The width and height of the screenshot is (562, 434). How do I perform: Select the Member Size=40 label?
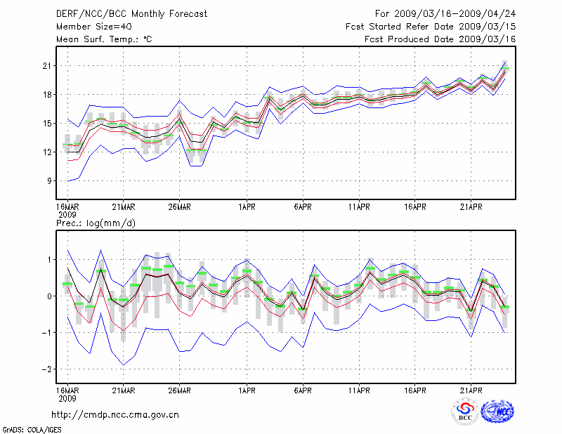pyautogui.click(x=89, y=26)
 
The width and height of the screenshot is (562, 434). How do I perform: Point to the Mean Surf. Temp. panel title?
pyautogui.click(x=104, y=39)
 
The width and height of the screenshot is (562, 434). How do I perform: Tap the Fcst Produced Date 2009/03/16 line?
pyautogui.click(x=440, y=39)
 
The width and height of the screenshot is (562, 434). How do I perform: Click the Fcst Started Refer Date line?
pyautogui.click(x=431, y=26)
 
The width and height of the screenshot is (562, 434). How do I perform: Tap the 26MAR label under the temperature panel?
pyautogui.click(x=179, y=207)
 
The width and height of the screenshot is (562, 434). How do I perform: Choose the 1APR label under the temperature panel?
pyautogui.click(x=247, y=207)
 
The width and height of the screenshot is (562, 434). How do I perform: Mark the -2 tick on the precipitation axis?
pyautogui.click(x=46, y=369)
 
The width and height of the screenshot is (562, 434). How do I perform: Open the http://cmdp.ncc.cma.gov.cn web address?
pyautogui.click(x=115, y=414)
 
